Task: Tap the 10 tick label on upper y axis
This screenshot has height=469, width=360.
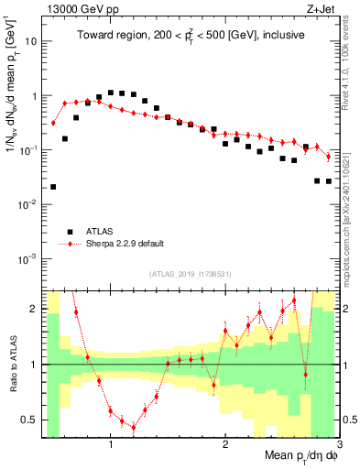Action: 28,41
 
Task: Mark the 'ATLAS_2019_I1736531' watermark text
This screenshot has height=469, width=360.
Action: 190,275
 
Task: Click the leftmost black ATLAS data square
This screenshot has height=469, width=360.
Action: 53,187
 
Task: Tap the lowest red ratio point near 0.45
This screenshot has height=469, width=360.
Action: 134,427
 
